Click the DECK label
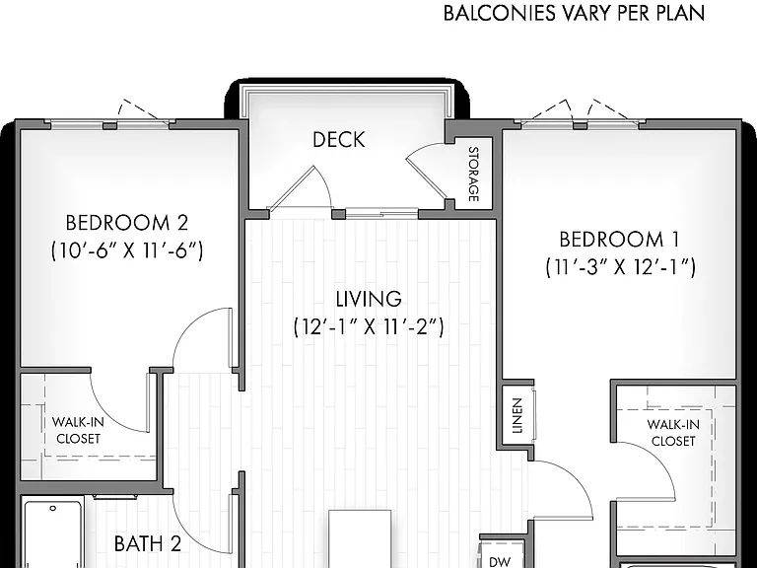point(339,140)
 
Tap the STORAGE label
point(473,174)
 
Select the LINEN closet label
point(517,415)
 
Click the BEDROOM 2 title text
point(126,223)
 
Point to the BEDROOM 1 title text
point(619,239)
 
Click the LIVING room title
point(369,299)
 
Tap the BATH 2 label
point(148,544)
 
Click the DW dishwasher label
point(500,562)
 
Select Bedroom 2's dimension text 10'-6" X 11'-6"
point(127,250)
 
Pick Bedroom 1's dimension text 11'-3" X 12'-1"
point(620,267)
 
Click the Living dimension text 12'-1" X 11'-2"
point(369,326)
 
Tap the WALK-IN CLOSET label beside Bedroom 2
point(78,430)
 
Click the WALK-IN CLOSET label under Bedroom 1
point(673,433)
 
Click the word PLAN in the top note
point(681,14)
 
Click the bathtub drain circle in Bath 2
point(53,508)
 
